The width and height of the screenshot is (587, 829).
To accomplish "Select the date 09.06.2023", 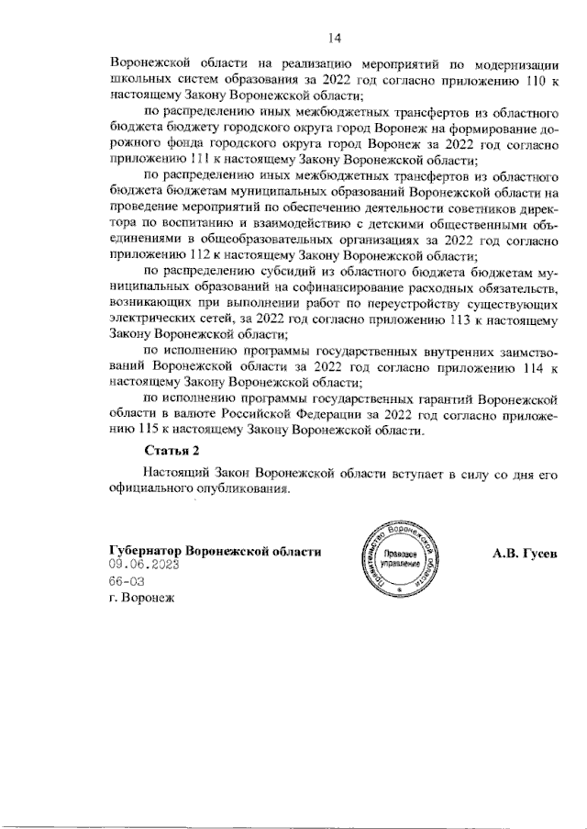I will coord(142,566).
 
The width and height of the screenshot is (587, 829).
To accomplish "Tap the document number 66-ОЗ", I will coord(127,582).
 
